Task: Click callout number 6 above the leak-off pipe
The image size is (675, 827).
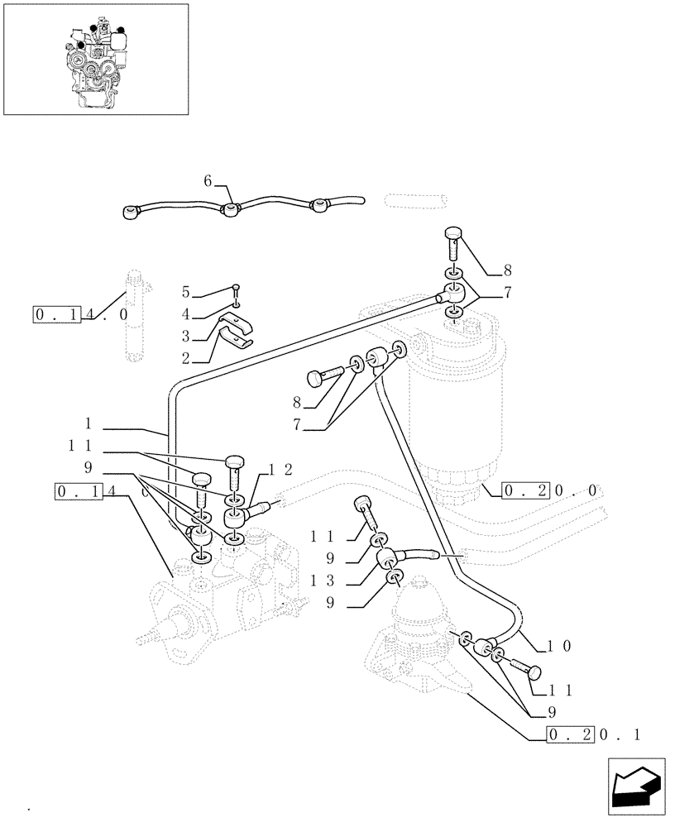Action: [208, 180]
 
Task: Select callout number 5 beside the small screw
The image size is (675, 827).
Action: [186, 292]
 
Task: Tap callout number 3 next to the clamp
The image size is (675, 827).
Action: [186, 337]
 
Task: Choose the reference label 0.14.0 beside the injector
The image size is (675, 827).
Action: [80, 314]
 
